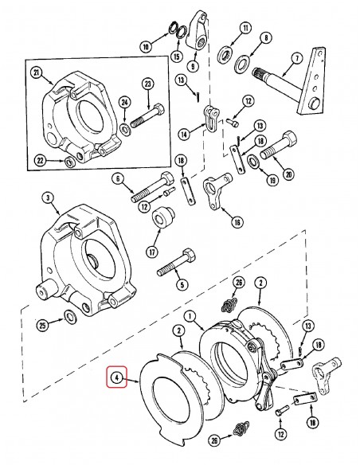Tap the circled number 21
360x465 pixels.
coord(36,72)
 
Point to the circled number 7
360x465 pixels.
coord(296,58)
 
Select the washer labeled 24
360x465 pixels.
coord(127,127)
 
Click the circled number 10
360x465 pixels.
coord(145,47)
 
